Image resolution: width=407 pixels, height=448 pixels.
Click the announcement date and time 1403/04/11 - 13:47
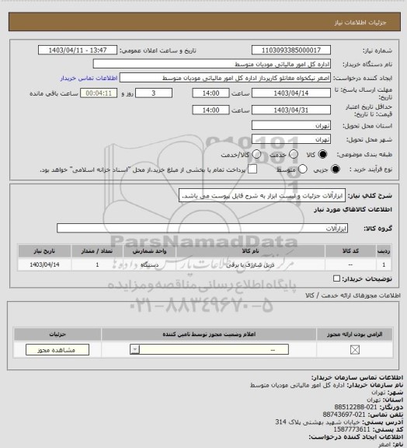[x=78, y=50]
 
